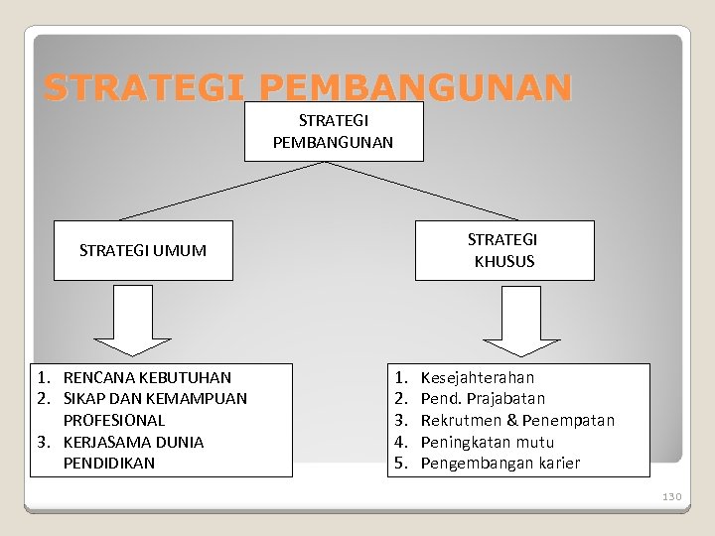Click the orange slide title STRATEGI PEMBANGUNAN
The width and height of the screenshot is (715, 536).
pyautogui.click(x=308, y=88)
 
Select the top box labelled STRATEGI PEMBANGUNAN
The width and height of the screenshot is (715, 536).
pyautogui.click(x=334, y=131)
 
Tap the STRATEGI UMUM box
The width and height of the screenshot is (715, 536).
pyautogui.click(x=143, y=250)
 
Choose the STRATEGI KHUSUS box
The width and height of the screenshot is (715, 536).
pyautogui.click(x=503, y=250)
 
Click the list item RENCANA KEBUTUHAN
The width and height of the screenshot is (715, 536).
pyautogui.click(x=147, y=377)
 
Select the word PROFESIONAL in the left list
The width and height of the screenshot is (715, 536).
pyautogui.click(x=114, y=420)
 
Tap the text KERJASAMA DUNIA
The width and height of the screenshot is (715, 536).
pyautogui.click(x=133, y=442)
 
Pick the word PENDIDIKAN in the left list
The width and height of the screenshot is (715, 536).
pyautogui.click(x=109, y=463)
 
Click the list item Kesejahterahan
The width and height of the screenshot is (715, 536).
pyautogui.click(x=478, y=377)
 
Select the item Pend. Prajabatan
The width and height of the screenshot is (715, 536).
pyautogui.click(x=483, y=399)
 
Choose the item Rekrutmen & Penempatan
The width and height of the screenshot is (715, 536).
pyautogui.click(x=517, y=420)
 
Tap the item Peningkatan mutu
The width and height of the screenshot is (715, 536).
pyautogui.click(x=488, y=442)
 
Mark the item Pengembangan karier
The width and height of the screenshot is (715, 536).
pyautogui.click(x=500, y=463)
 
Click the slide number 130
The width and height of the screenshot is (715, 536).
pyautogui.click(x=672, y=495)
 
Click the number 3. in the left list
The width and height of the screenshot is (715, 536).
pyautogui.click(x=44, y=442)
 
